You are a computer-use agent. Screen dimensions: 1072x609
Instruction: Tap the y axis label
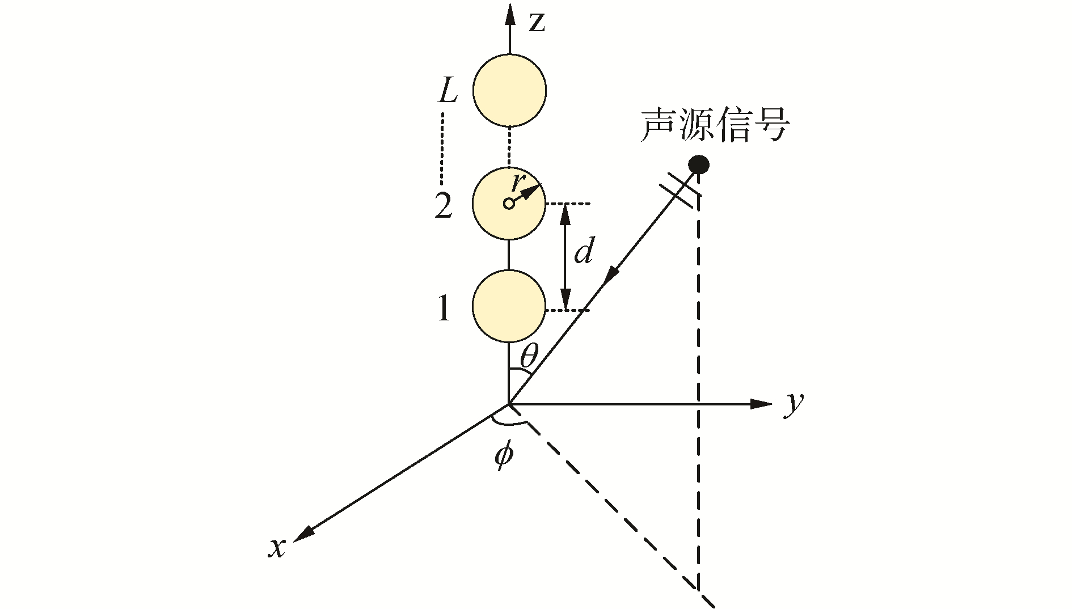[794, 404]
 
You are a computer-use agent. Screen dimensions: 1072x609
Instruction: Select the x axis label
[277, 548]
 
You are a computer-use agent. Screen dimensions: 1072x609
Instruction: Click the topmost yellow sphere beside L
[509, 90]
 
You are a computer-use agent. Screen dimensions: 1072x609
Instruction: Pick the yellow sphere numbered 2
[509, 203]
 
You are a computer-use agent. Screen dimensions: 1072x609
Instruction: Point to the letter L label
[448, 91]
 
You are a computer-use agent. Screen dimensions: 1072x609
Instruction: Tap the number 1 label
[444, 310]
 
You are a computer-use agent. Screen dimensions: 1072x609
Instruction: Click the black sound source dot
[698, 165]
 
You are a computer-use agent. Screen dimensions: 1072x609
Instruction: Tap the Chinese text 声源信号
[715, 126]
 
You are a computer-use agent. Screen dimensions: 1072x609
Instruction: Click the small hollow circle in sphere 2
[509, 203]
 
